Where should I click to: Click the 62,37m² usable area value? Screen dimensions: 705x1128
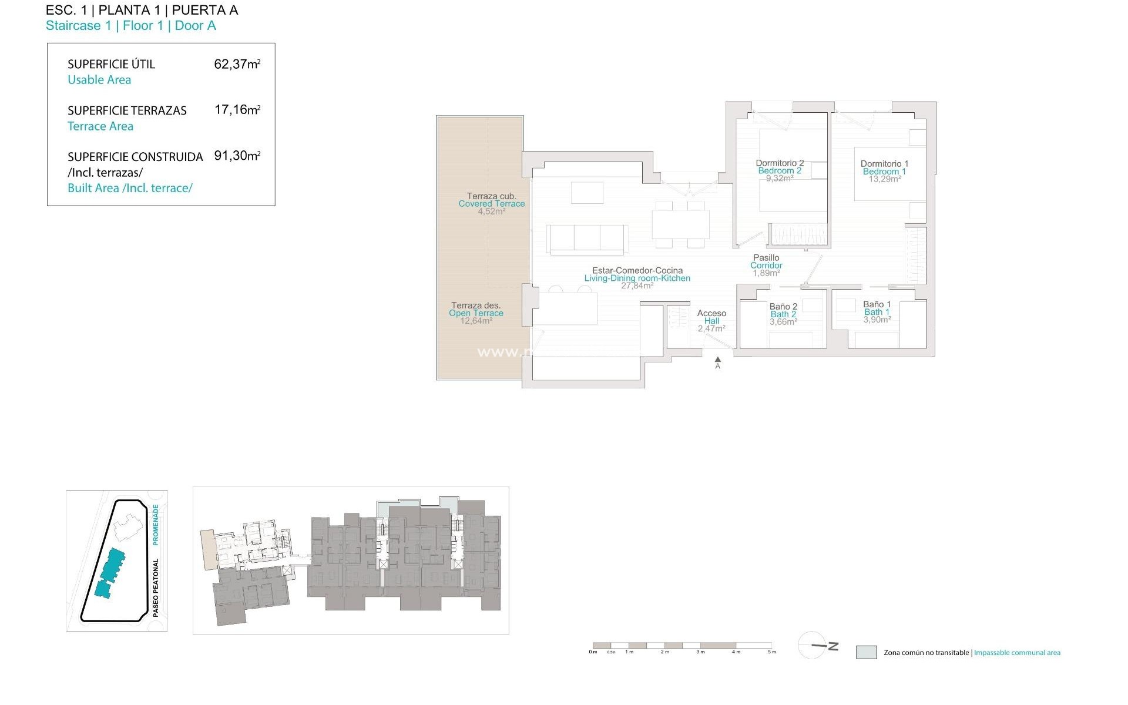coord(237,64)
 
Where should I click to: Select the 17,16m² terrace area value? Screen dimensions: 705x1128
coord(237,110)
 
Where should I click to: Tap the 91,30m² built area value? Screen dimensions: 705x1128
coord(237,156)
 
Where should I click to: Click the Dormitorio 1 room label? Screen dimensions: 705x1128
coord(884,164)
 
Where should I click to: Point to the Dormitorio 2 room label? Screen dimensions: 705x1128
coord(780,163)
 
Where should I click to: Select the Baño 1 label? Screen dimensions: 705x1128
coord(877,304)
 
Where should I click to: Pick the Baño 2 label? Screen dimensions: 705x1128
coord(783,307)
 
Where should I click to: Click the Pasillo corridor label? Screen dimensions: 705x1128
coord(766,258)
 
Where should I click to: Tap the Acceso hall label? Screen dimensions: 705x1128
coord(711,314)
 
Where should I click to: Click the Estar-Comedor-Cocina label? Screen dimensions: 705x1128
coord(637,271)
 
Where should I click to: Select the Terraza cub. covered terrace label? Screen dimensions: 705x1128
coord(491,196)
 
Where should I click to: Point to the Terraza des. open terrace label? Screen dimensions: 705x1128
coord(476,305)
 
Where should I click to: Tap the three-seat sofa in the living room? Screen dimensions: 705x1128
coord(587,239)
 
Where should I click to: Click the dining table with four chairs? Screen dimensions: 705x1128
coord(680,224)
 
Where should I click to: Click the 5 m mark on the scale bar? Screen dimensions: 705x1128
coord(771,652)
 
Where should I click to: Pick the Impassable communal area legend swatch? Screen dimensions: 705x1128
coord(866,652)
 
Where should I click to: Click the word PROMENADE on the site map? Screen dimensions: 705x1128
coord(156,525)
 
